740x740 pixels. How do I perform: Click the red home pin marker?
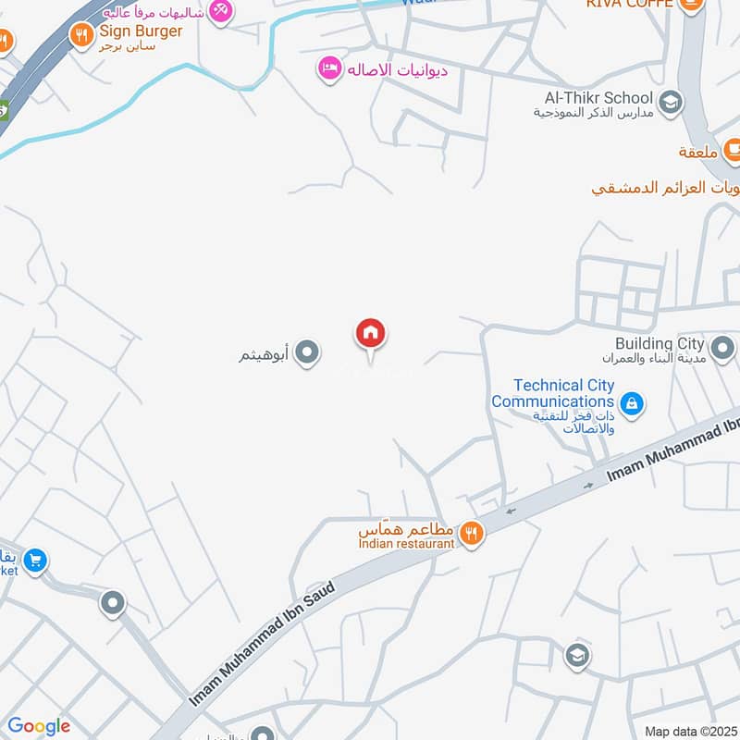click(x=371, y=334)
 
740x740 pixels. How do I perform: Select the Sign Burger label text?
click(x=142, y=31)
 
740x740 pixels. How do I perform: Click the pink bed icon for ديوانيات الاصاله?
click(x=328, y=68)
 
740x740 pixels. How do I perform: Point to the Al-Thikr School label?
click(x=598, y=98)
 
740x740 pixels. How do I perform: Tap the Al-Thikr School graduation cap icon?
click(x=671, y=102)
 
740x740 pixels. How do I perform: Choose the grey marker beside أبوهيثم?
click(x=307, y=352)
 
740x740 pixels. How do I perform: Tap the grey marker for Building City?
click(x=723, y=350)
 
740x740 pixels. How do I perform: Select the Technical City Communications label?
click(x=552, y=393)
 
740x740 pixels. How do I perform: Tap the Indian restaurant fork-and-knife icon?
click(x=472, y=534)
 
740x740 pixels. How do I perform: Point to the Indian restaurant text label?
click(x=407, y=544)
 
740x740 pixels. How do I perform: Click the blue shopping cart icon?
click(x=35, y=561)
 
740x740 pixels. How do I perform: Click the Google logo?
click(x=39, y=726)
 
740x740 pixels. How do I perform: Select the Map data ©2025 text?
click(x=690, y=731)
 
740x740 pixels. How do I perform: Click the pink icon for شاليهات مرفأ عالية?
click(x=220, y=11)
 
